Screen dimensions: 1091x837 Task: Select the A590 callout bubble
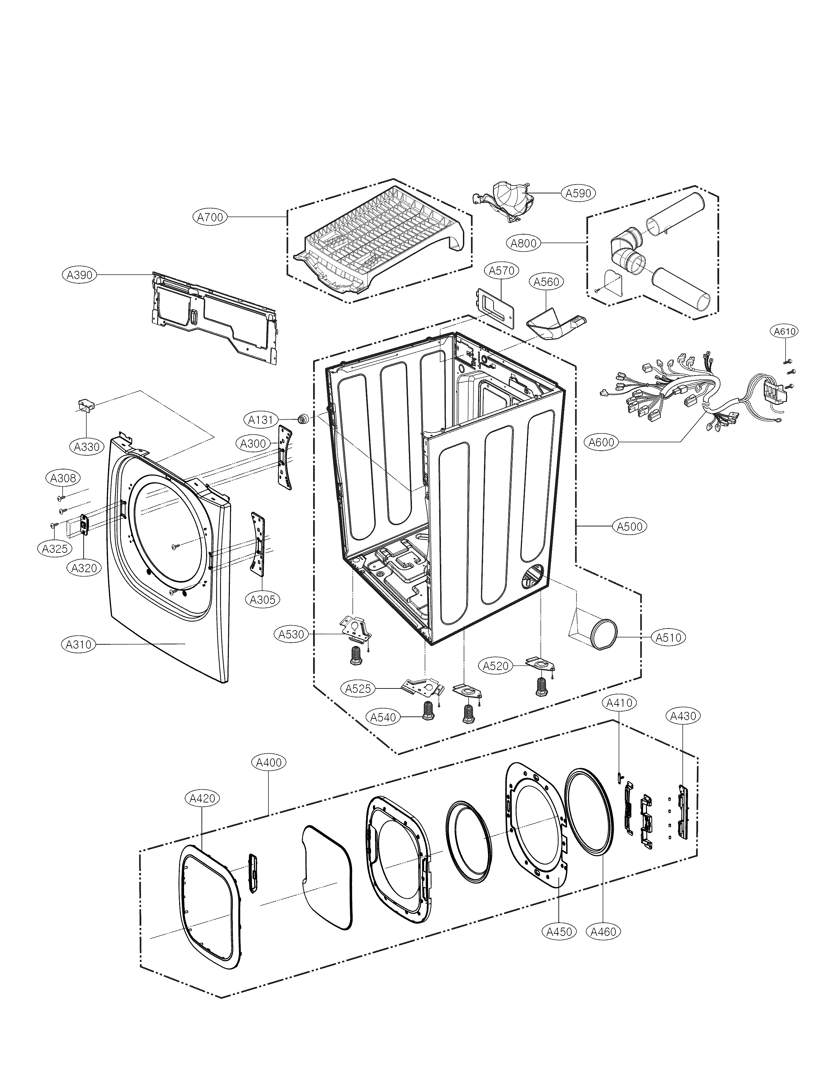click(x=579, y=193)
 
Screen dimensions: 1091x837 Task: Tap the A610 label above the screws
click(x=785, y=331)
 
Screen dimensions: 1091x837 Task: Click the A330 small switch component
click(x=86, y=405)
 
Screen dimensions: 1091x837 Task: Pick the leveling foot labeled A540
click(x=428, y=710)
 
